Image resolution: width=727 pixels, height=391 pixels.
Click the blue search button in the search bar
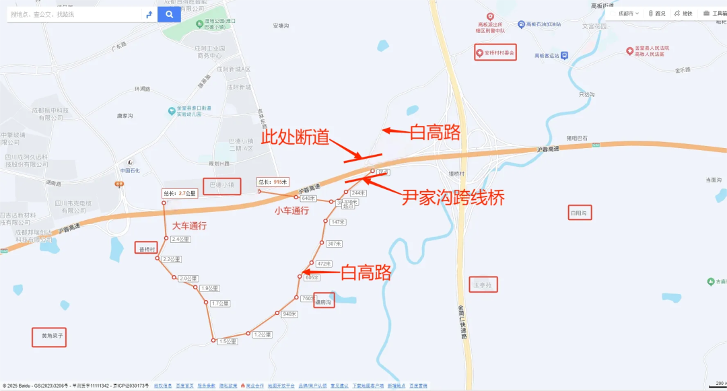click(169, 14)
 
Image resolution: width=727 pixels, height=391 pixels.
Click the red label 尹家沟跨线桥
click(453, 197)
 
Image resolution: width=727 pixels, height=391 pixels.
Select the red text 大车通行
click(189, 226)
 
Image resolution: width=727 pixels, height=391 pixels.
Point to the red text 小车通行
click(291, 211)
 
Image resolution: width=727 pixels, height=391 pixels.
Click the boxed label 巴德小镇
click(221, 185)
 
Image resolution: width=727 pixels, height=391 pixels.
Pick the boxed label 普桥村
click(147, 249)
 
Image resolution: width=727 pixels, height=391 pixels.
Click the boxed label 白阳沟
click(580, 213)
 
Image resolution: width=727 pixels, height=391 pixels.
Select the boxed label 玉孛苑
click(483, 285)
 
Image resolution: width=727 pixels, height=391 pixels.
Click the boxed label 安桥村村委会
click(495, 52)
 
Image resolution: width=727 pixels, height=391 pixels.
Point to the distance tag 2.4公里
click(180, 239)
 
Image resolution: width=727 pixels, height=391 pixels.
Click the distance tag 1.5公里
click(228, 342)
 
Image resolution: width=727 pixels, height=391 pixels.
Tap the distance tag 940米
click(289, 314)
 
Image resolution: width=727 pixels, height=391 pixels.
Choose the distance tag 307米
click(335, 244)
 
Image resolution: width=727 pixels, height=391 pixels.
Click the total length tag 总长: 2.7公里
click(179, 193)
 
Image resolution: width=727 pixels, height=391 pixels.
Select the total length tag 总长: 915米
click(273, 182)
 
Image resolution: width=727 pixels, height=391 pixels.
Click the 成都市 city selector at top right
click(629, 13)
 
